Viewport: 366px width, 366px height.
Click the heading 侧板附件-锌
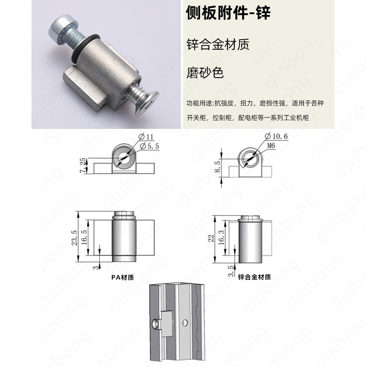coord(228,13)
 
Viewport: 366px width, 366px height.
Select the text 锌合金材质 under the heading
coord(218,44)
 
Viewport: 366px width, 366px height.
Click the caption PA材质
coord(122,277)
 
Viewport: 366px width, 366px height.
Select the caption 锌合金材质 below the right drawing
coord(254,277)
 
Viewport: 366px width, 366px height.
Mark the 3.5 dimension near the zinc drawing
coord(231,271)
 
